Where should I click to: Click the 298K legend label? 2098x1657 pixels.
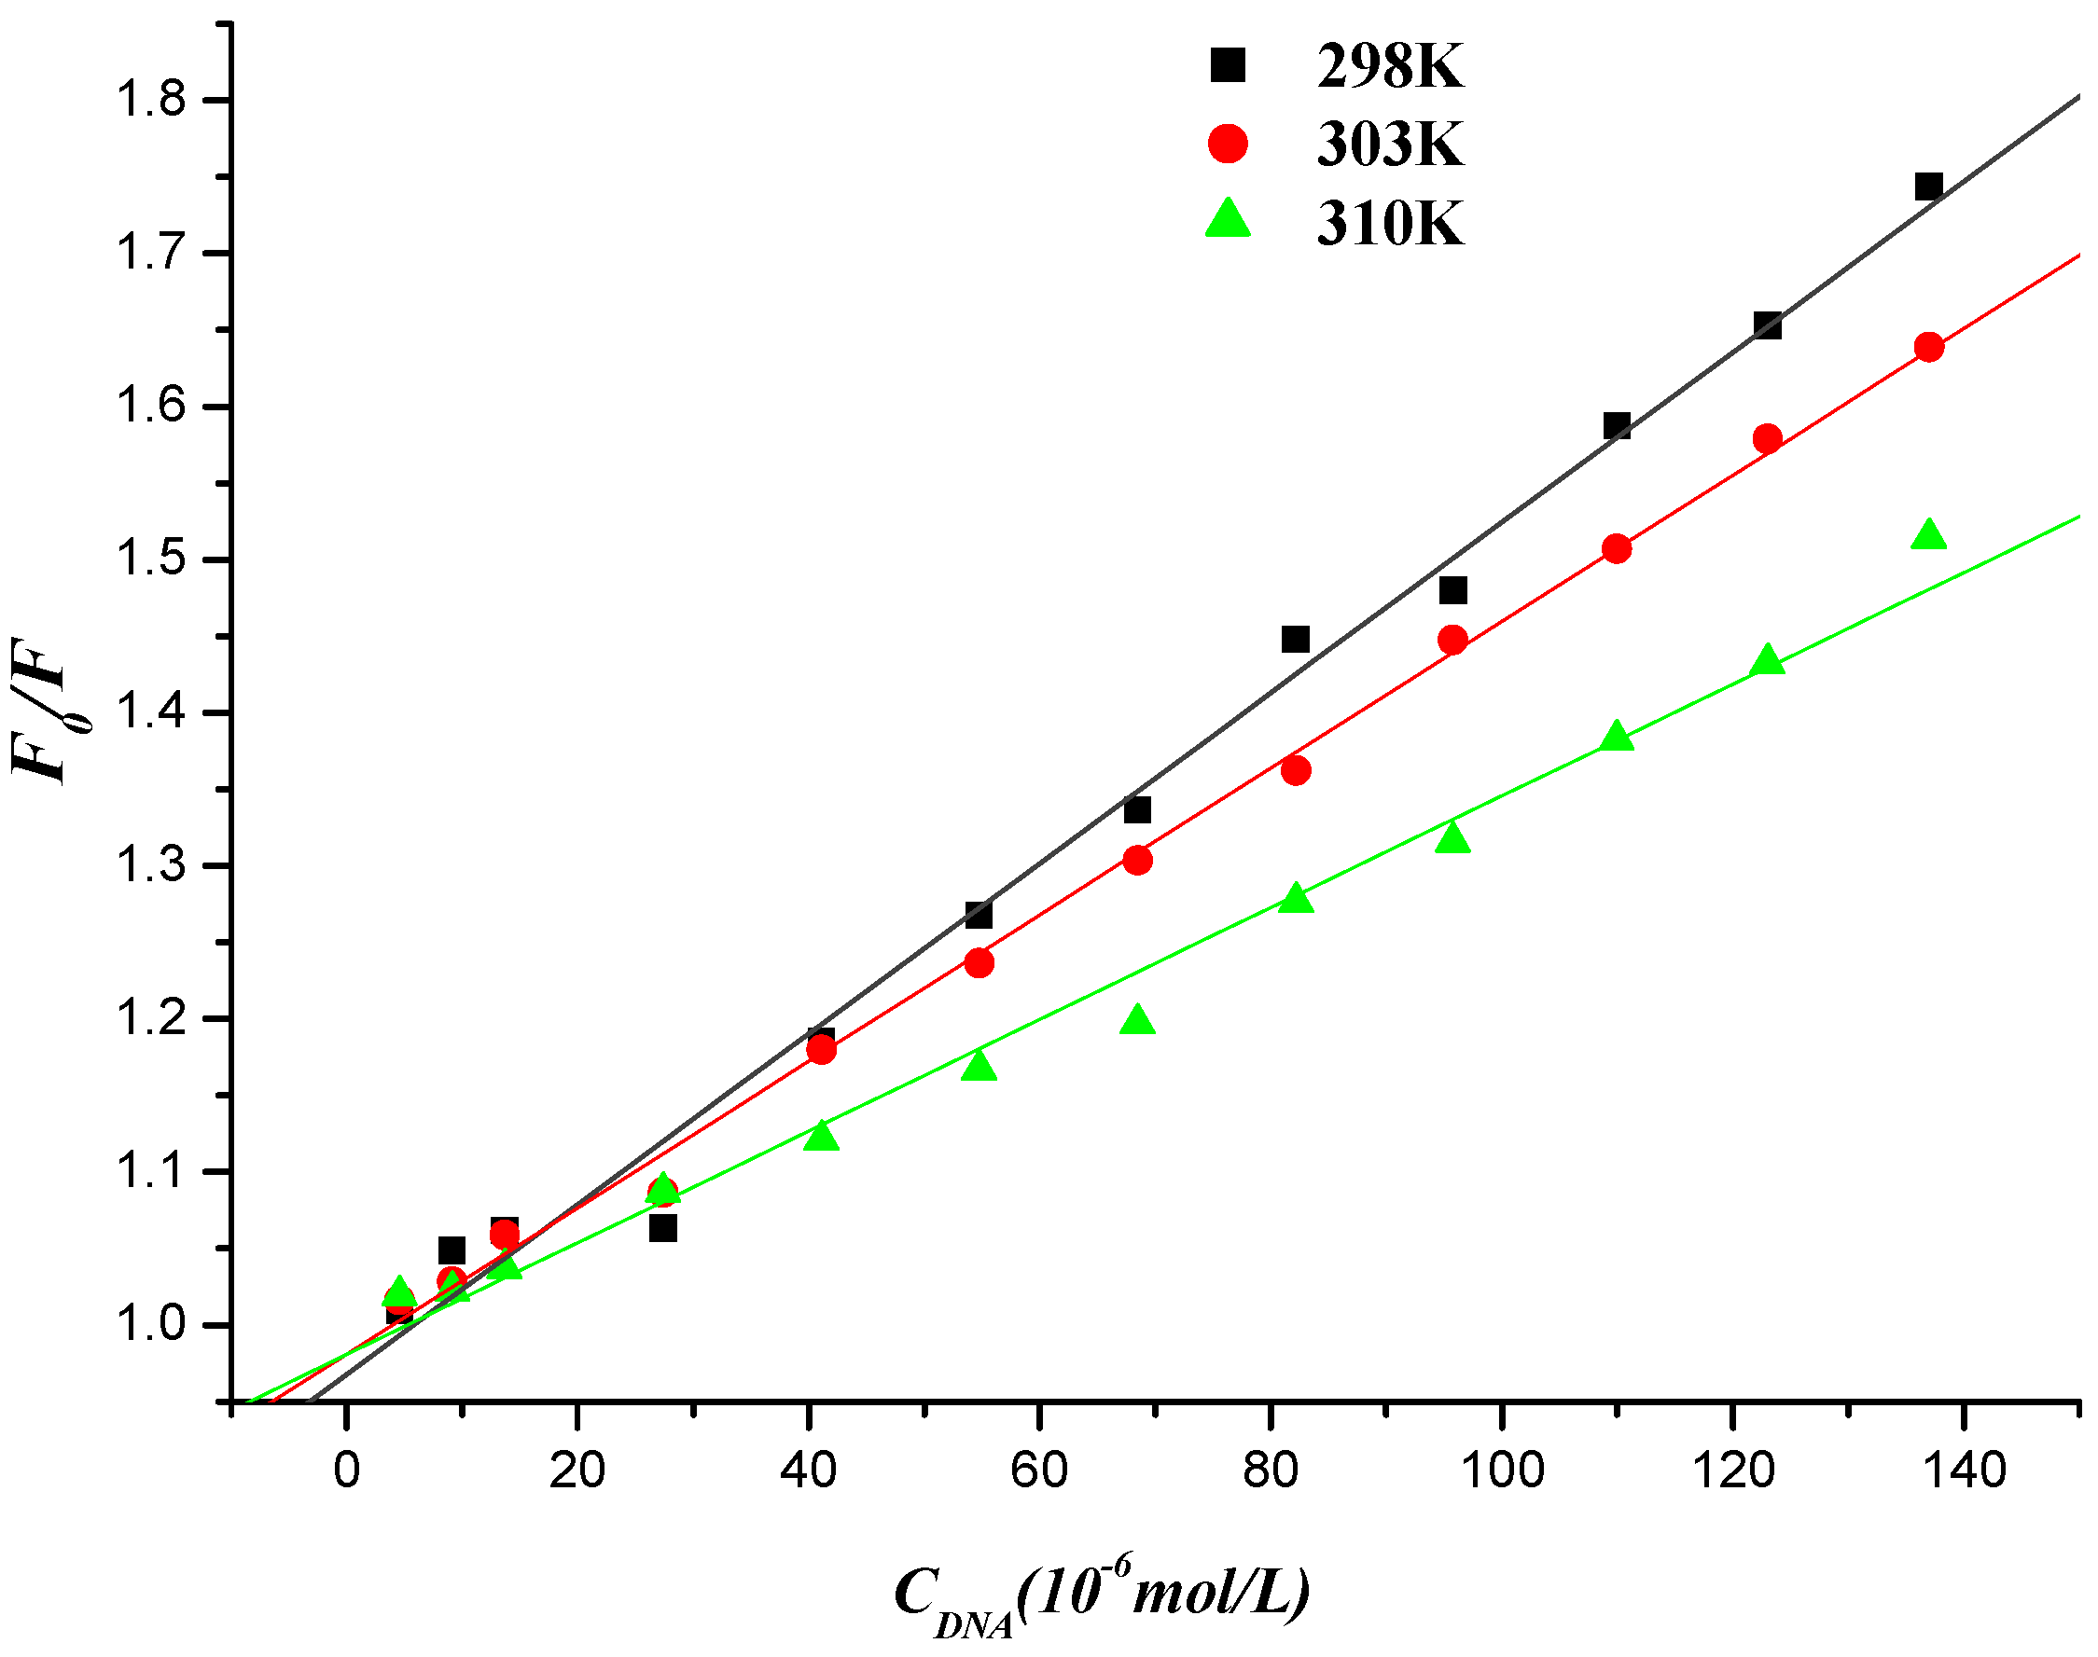pos(1389,67)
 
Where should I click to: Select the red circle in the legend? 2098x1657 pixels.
pos(1228,144)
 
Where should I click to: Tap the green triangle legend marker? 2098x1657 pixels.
pos(1228,220)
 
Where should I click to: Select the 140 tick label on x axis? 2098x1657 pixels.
pos(1964,1471)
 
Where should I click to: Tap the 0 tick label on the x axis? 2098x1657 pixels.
pos(346,1471)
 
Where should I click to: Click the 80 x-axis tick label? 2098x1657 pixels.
pos(1271,1471)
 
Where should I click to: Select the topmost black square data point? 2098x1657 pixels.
pos(1928,186)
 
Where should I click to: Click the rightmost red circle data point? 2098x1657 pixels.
pos(1929,347)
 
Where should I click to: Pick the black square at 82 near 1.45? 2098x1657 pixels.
pos(1296,640)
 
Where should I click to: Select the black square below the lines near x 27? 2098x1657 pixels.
pos(662,1229)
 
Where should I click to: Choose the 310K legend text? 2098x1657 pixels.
pos(1389,224)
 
